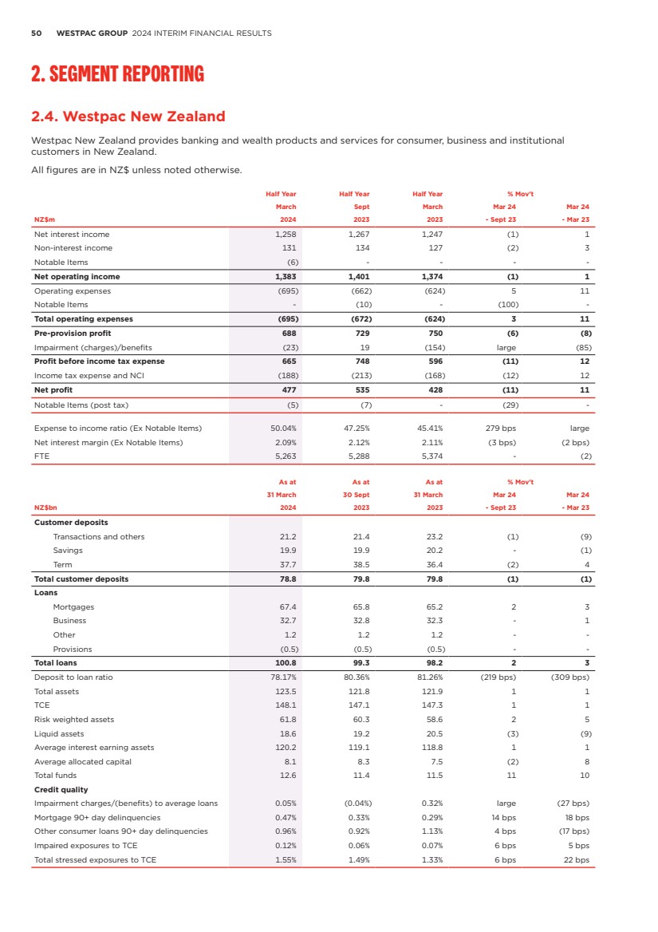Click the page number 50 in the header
[x=36, y=34]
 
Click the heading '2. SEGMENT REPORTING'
[x=117, y=75]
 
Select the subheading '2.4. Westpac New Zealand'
[x=128, y=116]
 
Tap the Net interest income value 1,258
[x=284, y=235]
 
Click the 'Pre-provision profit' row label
[x=73, y=333]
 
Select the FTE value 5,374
[x=431, y=456]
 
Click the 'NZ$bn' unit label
[x=46, y=507]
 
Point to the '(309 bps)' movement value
[x=569, y=677]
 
